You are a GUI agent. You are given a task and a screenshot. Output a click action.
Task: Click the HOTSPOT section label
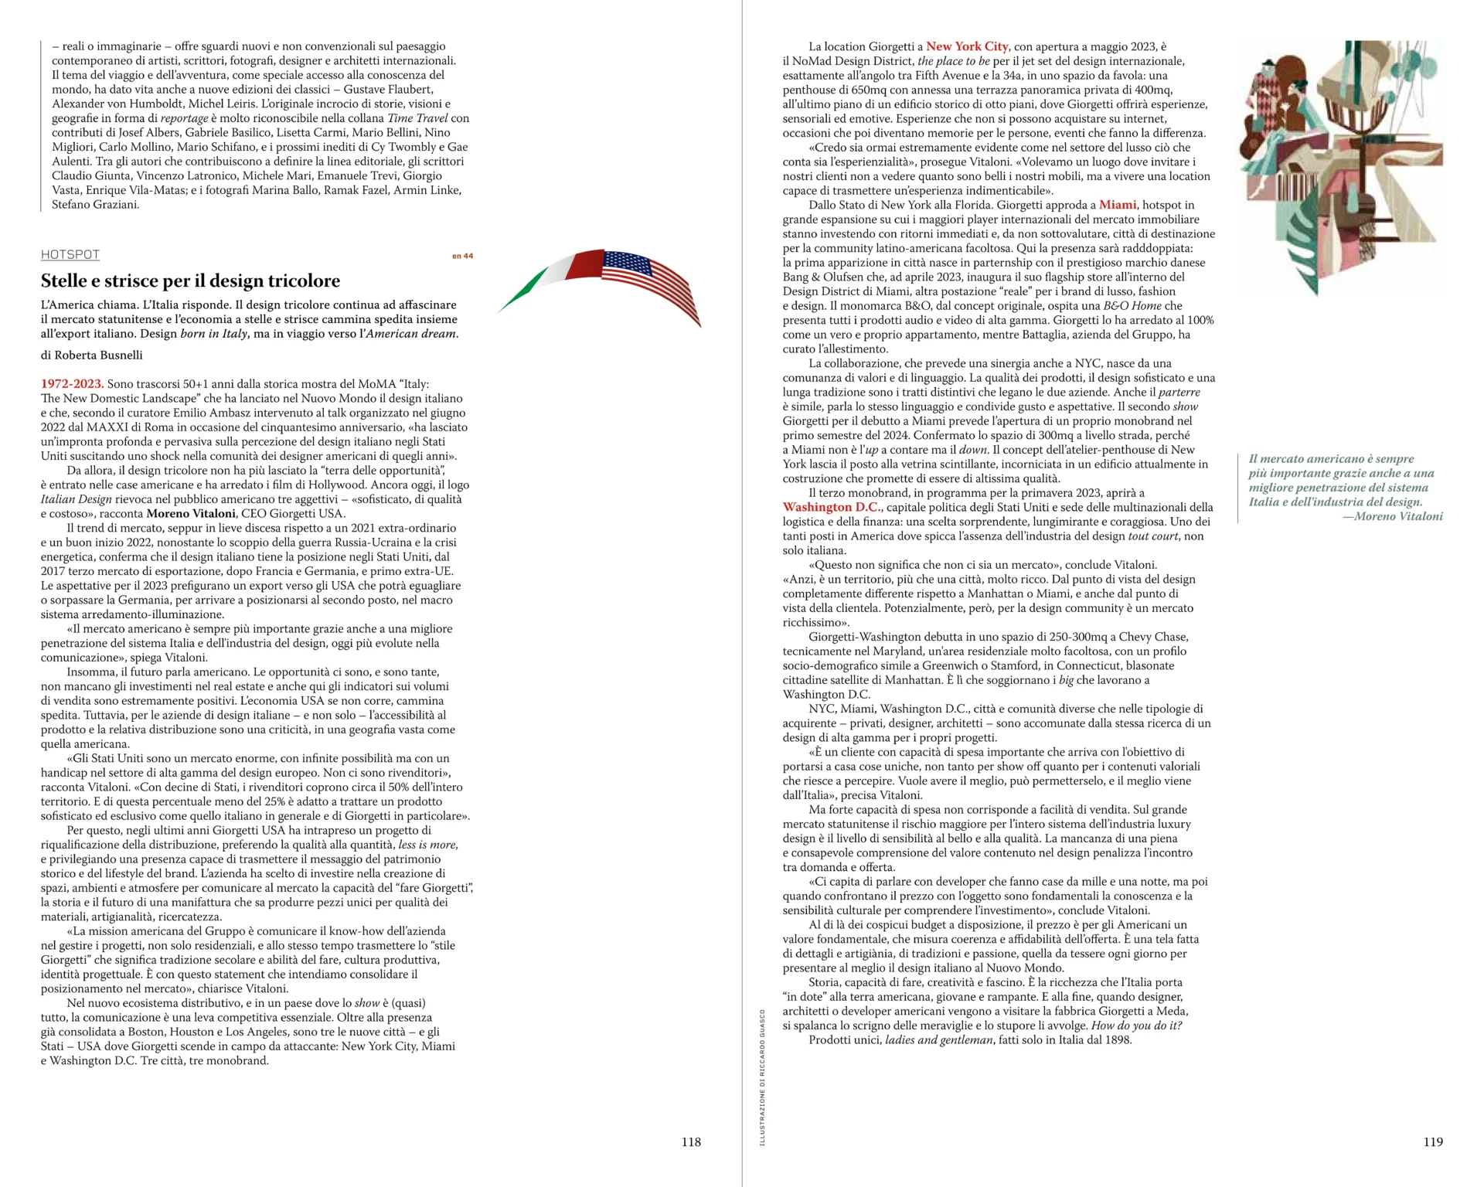tap(70, 255)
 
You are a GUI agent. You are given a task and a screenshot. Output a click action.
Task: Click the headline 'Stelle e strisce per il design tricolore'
tap(190, 281)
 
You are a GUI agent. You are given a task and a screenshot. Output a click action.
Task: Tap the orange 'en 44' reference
tap(462, 256)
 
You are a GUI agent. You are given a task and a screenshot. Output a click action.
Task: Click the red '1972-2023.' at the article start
tap(72, 384)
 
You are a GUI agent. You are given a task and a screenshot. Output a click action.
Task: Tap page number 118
tap(691, 1141)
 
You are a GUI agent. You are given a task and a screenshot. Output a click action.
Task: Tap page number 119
tap(1433, 1141)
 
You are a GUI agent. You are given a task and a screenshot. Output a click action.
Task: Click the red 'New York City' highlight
tap(967, 46)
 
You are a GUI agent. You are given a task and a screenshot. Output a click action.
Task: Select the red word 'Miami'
tap(1118, 205)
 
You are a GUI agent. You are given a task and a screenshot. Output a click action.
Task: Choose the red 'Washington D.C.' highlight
tap(832, 508)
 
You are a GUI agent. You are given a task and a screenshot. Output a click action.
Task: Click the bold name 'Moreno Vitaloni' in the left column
tap(191, 514)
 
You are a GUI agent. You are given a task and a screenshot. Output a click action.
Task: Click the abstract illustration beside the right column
tap(1341, 166)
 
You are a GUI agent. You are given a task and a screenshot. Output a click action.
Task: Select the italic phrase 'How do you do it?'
tap(1136, 1025)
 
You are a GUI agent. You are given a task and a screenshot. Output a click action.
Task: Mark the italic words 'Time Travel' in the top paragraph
tap(417, 118)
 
